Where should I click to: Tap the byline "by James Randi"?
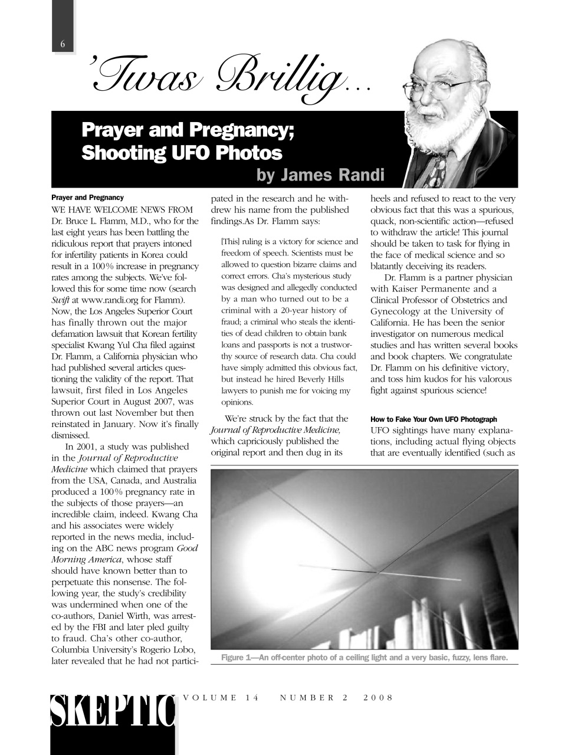point(320,175)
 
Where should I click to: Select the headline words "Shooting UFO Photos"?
point(182,153)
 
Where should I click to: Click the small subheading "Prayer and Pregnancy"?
point(87,198)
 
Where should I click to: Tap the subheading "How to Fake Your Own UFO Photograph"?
point(434,419)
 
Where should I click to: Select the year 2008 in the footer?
point(378,698)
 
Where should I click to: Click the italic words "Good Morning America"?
point(124,554)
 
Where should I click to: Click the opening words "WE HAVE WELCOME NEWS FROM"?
point(122,210)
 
